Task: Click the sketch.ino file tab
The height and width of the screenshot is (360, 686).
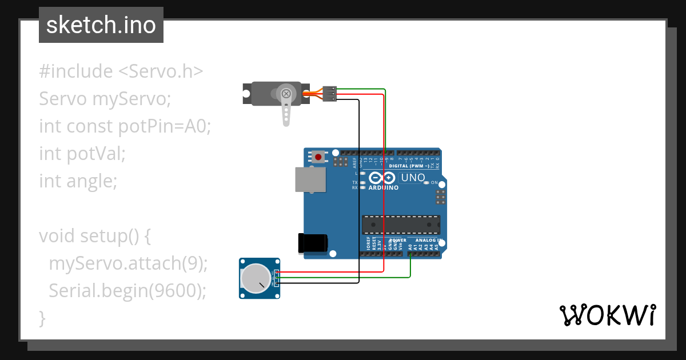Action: coord(101,25)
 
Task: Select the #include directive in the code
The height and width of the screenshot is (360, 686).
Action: coord(76,71)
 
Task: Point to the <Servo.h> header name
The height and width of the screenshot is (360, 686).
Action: coord(161,71)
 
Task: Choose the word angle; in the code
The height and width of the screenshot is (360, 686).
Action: coord(92,181)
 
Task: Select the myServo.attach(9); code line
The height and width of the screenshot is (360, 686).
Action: coord(128,263)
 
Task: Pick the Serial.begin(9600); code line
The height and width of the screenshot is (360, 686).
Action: coord(127,291)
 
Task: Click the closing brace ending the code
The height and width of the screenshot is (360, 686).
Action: coord(42,318)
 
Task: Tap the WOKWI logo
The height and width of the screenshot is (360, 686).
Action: coord(607,315)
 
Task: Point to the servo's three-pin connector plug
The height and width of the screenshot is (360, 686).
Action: coord(329,94)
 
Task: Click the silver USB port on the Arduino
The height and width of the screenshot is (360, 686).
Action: coord(310,179)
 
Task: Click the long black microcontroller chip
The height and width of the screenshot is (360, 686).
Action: coord(401,225)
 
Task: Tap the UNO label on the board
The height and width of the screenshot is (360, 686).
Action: coord(413,178)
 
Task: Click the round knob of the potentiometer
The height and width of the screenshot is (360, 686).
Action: coord(255,278)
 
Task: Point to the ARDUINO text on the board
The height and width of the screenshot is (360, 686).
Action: coord(383,187)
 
